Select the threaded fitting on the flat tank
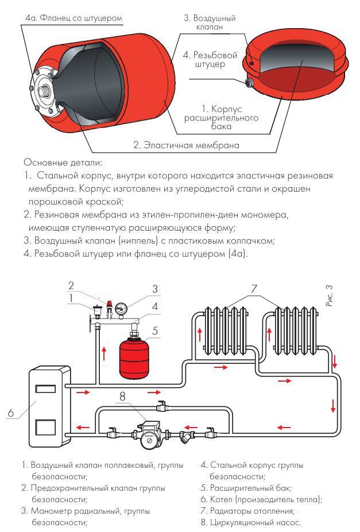click(x=250, y=84)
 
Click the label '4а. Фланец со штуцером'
click(x=73, y=18)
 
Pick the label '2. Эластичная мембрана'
click(x=186, y=145)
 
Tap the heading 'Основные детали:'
click(x=63, y=163)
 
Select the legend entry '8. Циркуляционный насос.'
click(x=251, y=522)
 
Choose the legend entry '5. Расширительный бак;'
click(x=246, y=488)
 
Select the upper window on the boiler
click(x=45, y=390)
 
